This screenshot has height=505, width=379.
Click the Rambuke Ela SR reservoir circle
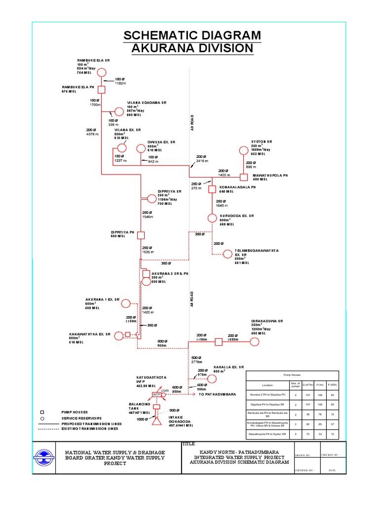tap(101, 73)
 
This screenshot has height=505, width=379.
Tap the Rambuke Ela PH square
tap(101, 89)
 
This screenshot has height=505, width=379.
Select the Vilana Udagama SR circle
tap(118, 111)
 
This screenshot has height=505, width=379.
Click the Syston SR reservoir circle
tap(244, 150)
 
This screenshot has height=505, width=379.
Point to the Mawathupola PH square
tap(244, 177)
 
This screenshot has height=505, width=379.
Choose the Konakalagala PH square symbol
tap(212, 189)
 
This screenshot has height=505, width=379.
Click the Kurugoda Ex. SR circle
tap(212, 217)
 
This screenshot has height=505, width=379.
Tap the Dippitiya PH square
tap(141, 235)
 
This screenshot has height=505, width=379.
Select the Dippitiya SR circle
tap(152, 198)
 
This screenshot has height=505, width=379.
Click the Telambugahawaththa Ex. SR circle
tap(227, 254)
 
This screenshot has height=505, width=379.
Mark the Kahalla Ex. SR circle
tap(212, 378)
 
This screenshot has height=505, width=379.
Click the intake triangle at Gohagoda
tap(156, 422)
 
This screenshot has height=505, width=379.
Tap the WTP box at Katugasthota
tap(157, 395)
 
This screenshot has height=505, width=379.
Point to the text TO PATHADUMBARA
tap(218, 395)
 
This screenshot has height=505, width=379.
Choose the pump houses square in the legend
tap(42, 411)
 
